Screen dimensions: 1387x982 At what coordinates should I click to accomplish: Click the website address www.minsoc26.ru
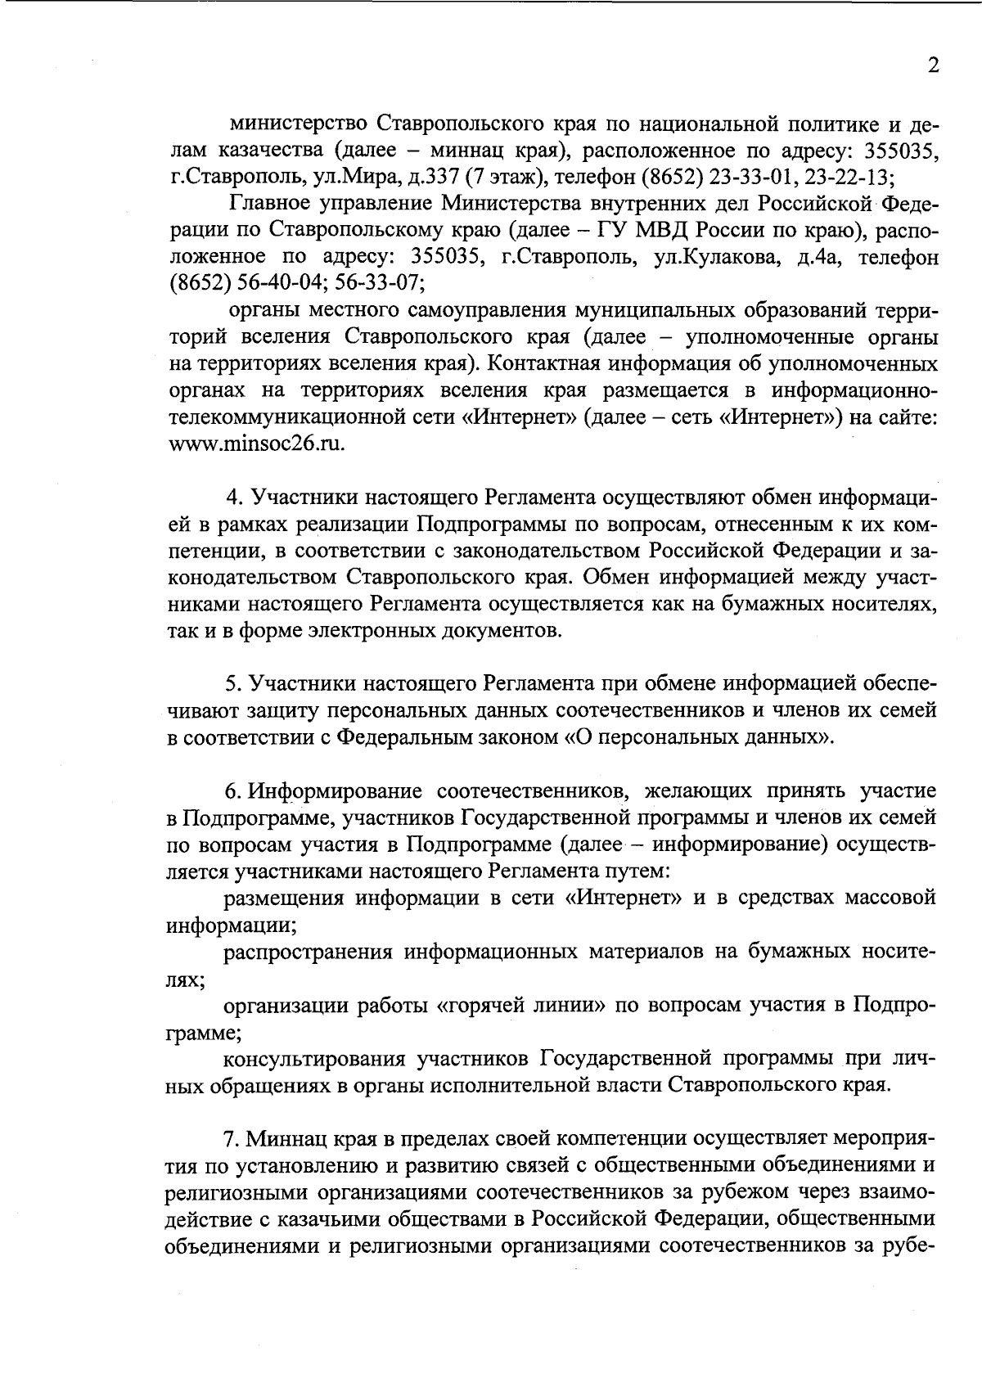coord(256,444)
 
